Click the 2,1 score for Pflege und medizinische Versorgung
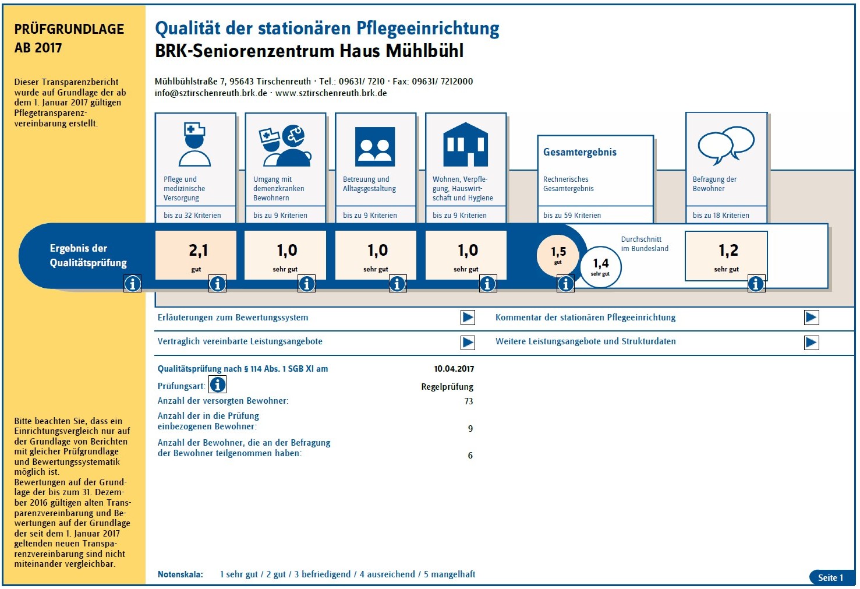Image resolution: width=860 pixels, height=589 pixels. point(198,251)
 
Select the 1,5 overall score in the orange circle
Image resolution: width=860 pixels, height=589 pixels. point(558,255)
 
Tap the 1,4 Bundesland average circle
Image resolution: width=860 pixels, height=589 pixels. point(600,267)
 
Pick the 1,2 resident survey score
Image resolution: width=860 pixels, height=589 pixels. point(728,251)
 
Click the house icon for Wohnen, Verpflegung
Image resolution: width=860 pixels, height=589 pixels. point(465,144)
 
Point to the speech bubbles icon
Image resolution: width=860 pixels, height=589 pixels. point(726,146)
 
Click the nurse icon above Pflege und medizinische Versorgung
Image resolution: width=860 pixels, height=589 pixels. point(194,144)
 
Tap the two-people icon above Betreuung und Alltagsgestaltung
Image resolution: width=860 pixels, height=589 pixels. point(375,146)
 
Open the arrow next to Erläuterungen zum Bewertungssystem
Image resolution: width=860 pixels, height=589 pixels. point(468,318)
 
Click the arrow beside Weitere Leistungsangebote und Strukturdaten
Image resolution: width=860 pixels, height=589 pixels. point(811,343)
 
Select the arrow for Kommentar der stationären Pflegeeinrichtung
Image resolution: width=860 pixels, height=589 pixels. point(811,318)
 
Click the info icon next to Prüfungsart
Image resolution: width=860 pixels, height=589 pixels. point(217,385)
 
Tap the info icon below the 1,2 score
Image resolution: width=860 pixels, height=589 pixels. point(756,284)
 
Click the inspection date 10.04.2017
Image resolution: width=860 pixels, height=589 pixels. point(454,369)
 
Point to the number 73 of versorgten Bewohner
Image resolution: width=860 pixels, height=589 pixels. point(468,401)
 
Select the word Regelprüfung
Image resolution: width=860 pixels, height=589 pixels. point(447,386)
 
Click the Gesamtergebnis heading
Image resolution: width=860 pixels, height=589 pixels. point(580,152)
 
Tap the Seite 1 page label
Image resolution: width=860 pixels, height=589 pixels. point(830,577)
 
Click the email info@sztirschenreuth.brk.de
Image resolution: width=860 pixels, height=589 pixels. point(211,93)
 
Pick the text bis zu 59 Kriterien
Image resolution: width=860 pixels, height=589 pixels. point(572,215)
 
